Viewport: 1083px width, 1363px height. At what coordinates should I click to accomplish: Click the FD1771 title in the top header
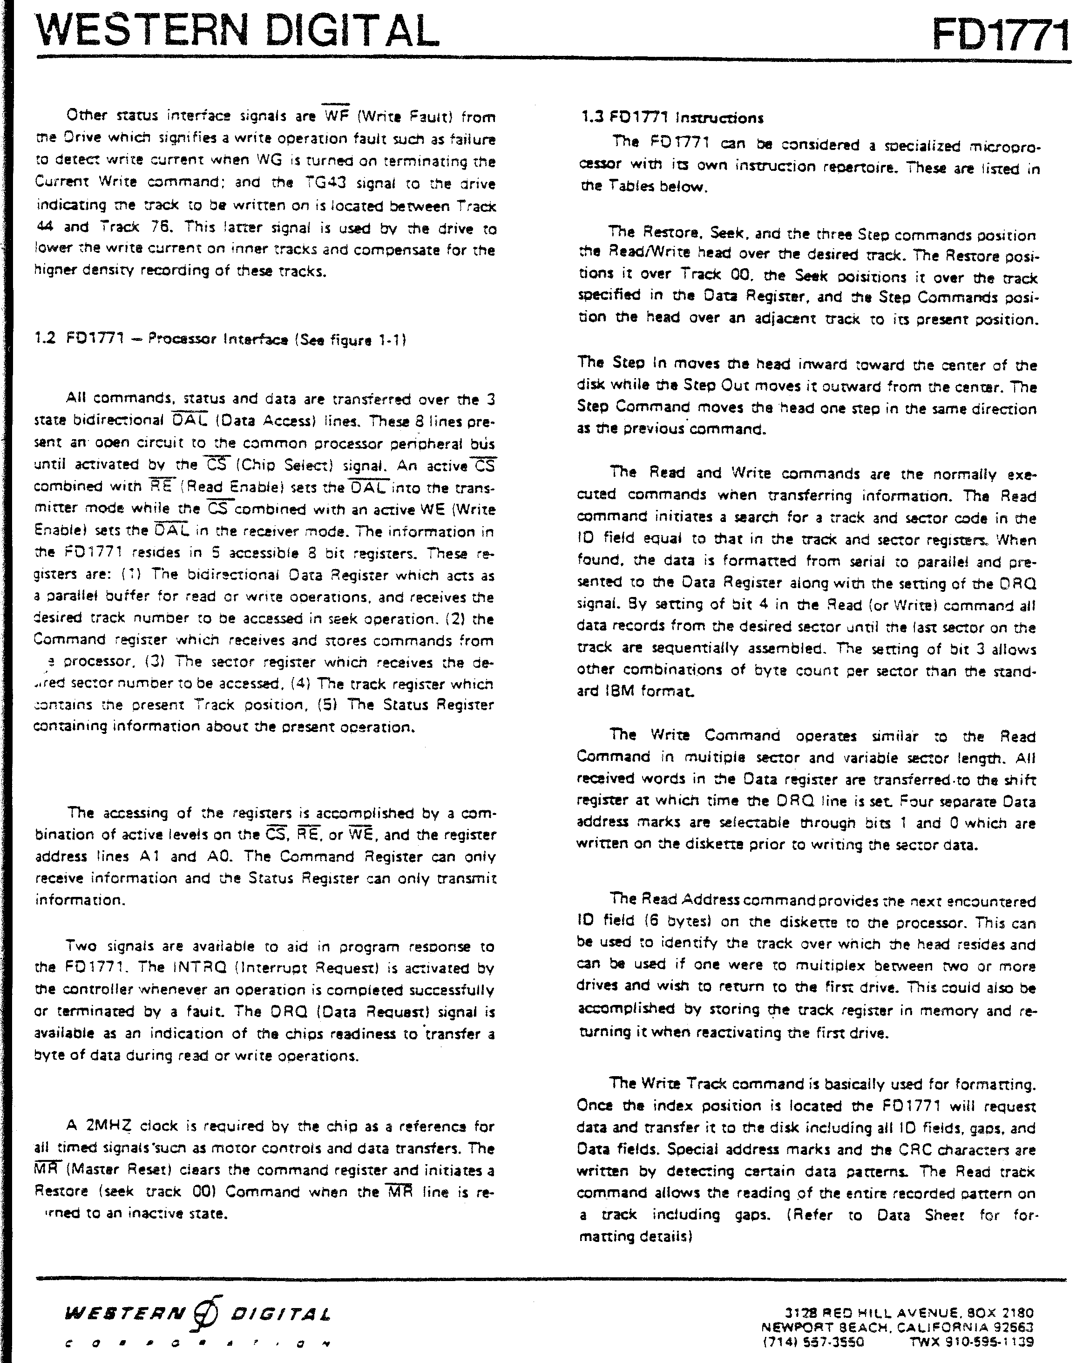1001,36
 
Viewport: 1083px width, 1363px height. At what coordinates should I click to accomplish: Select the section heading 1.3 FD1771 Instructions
672,118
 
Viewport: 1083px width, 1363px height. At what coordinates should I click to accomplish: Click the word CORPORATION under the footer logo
196,1339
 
